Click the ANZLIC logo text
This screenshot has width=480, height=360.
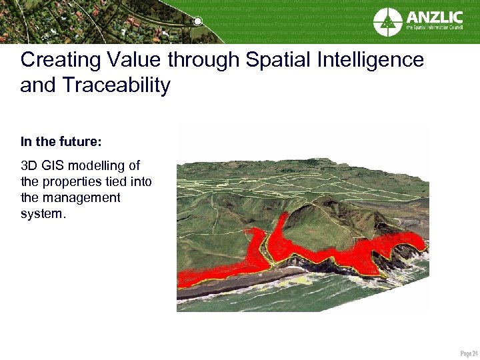pos(434,16)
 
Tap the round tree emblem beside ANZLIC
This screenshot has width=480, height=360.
pos(387,22)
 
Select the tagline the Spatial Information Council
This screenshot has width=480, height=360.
pos(434,29)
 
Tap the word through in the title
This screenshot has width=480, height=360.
pos(203,61)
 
